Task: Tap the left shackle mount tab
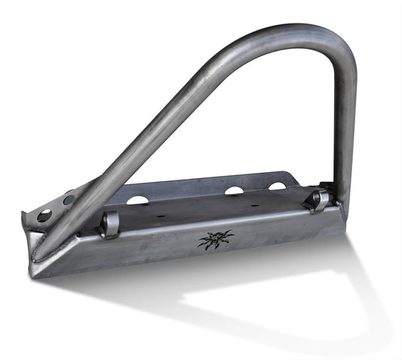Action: [x=111, y=223]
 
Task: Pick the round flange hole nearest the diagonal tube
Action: [x=69, y=201]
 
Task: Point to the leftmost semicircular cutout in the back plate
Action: [x=137, y=201]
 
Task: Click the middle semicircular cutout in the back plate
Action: [x=234, y=191]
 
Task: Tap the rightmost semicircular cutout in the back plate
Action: [x=278, y=186]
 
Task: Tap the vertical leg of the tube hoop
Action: [x=344, y=128]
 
